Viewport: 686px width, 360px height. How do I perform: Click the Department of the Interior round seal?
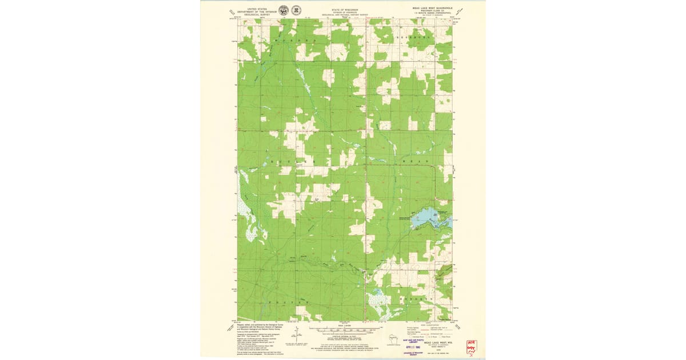point(284,10)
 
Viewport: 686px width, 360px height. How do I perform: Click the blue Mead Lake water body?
point(432,217)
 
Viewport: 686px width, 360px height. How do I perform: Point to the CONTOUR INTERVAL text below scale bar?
point(344,338)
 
